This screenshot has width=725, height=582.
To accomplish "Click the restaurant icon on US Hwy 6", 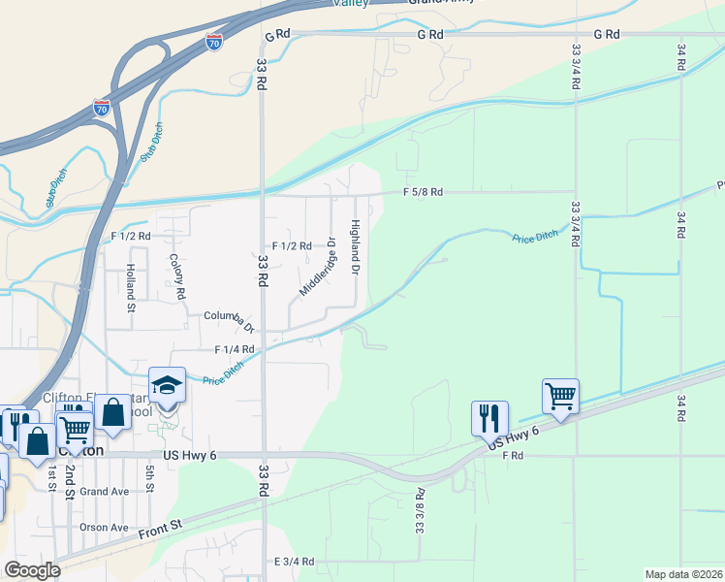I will [489, 418].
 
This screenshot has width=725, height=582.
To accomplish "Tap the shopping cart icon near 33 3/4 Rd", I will [560, 396].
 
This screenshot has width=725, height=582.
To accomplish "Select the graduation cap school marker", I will [167, 385].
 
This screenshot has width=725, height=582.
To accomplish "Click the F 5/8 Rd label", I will [423, 193].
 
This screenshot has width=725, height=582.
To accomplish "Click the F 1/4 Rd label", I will [234, 349].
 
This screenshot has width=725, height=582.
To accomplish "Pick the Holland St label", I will [131, 291].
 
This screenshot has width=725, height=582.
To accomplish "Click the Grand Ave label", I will [105, 492].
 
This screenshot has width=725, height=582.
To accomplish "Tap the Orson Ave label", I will [105, 528].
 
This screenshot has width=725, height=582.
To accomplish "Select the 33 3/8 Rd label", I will [420, 510].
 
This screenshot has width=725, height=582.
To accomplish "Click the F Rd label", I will [513, 455].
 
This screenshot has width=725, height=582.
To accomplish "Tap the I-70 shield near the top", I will [214, 42].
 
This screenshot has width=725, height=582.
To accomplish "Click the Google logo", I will [31, 569].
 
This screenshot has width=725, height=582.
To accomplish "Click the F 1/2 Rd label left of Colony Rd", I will [131, 236].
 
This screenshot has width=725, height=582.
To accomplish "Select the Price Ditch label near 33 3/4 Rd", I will [535, 237].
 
